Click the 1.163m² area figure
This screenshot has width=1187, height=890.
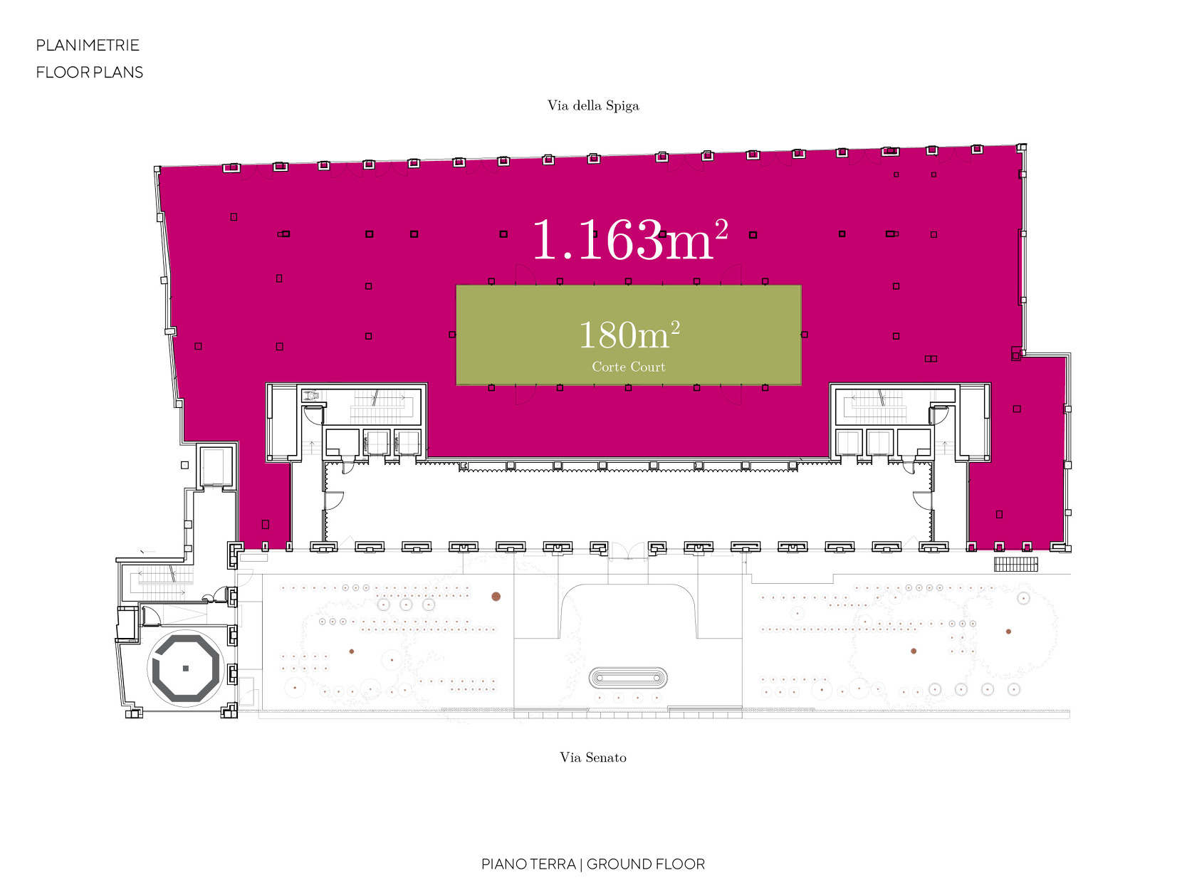tap(630, 239)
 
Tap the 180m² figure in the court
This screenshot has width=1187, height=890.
tap(629, 334)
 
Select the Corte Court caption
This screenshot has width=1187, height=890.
tap(628, 367)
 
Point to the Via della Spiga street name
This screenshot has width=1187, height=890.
tap(593, 105)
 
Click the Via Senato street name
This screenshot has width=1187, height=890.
tap(593, 757)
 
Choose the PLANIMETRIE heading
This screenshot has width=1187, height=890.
tap(88, 45)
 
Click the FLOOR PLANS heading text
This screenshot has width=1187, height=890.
tap(89, 72)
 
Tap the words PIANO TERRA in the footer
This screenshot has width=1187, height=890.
tap(528, 864)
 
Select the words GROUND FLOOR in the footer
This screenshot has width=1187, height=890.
tap(646, 864)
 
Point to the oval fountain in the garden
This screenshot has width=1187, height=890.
tap(628, 678)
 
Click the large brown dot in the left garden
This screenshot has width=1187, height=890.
tap(496, 597)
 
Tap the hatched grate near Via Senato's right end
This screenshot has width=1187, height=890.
tap(1015, 564)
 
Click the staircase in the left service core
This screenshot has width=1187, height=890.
tap(381, 406)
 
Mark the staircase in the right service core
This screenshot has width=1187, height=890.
tap(875, 406)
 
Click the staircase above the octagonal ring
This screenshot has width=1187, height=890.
tap(162, 582)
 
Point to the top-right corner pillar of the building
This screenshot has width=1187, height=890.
tap(1022, 147)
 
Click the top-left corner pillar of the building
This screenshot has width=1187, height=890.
tap(157, 169)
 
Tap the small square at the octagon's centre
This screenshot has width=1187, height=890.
tap(185, 669)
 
